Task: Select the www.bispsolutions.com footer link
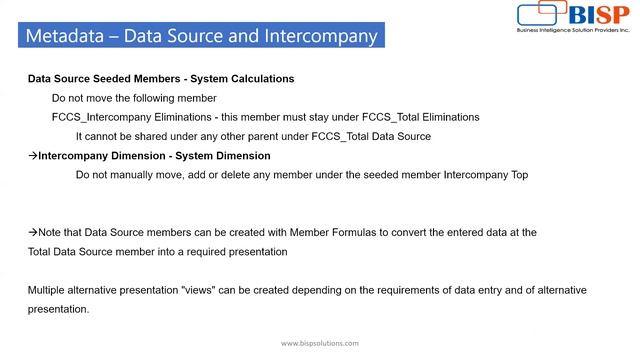coord(319,343)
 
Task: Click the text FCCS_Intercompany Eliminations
coord(130,117)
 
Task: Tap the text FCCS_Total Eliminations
coord(419,117)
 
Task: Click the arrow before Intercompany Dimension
coord(32,156)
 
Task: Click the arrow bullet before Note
coord(32,232)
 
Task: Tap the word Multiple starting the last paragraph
coord(49,290)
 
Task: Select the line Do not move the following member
coord(134,98)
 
